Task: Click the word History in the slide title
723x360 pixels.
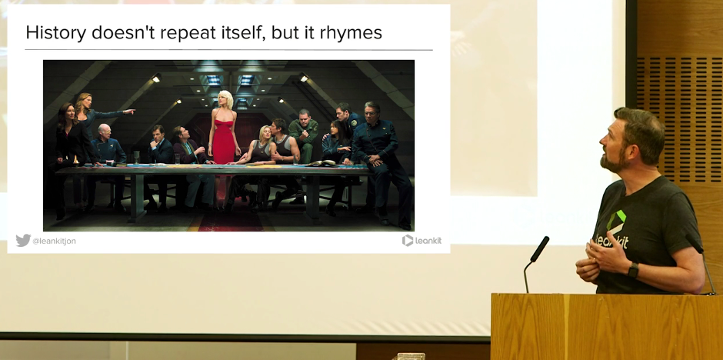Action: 56,33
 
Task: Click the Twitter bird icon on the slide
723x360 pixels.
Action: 23,241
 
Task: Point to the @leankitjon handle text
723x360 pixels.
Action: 54,241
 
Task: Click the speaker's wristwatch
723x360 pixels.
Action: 633,270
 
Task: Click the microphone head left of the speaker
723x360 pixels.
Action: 540,249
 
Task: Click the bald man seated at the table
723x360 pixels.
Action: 106,148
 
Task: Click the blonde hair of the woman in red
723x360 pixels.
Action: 225,99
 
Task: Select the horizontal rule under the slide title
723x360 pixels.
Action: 228,50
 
